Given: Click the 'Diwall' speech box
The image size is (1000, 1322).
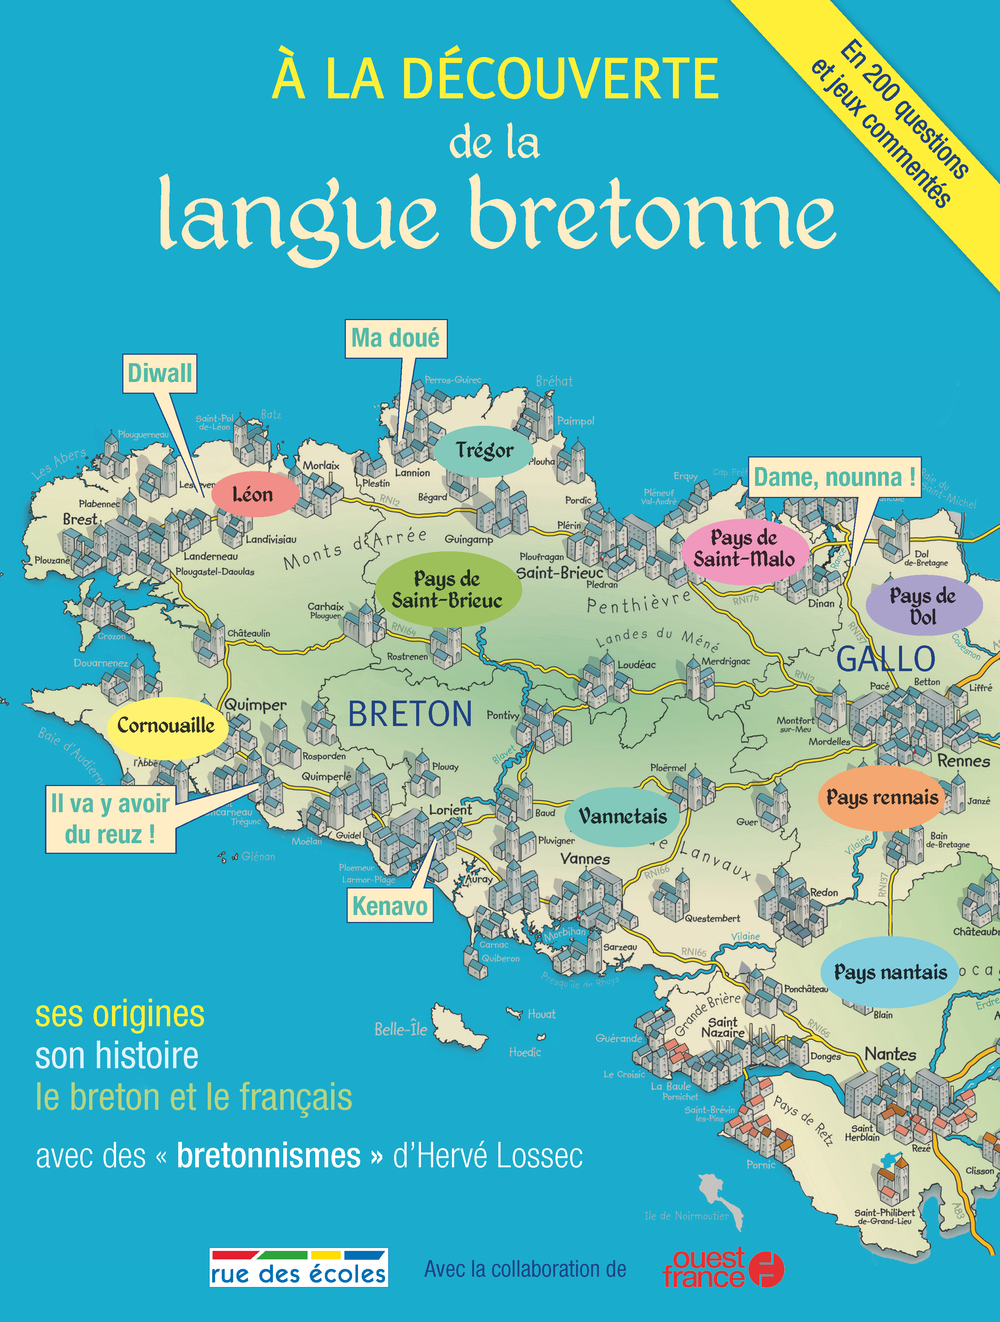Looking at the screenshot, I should [159, 374].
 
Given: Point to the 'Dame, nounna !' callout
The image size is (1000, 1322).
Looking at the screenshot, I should [834, 477].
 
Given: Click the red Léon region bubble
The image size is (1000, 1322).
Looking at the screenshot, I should [253, 495].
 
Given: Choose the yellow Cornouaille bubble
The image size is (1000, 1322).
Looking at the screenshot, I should [166, 726].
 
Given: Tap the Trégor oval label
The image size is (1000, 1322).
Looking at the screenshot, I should [484, 450].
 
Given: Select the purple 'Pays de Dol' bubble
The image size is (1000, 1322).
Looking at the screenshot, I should [923, 606].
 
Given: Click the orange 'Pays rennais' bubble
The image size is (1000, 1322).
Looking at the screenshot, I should [882, 797].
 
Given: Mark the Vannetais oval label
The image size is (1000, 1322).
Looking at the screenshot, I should [622, 816].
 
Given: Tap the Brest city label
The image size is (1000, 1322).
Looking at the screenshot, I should [80, 519].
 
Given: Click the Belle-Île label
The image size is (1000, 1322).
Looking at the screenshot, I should [400, 1029].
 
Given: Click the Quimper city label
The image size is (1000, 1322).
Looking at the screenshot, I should [255, 705].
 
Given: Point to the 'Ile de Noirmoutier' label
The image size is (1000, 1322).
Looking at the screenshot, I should [686, 1216].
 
